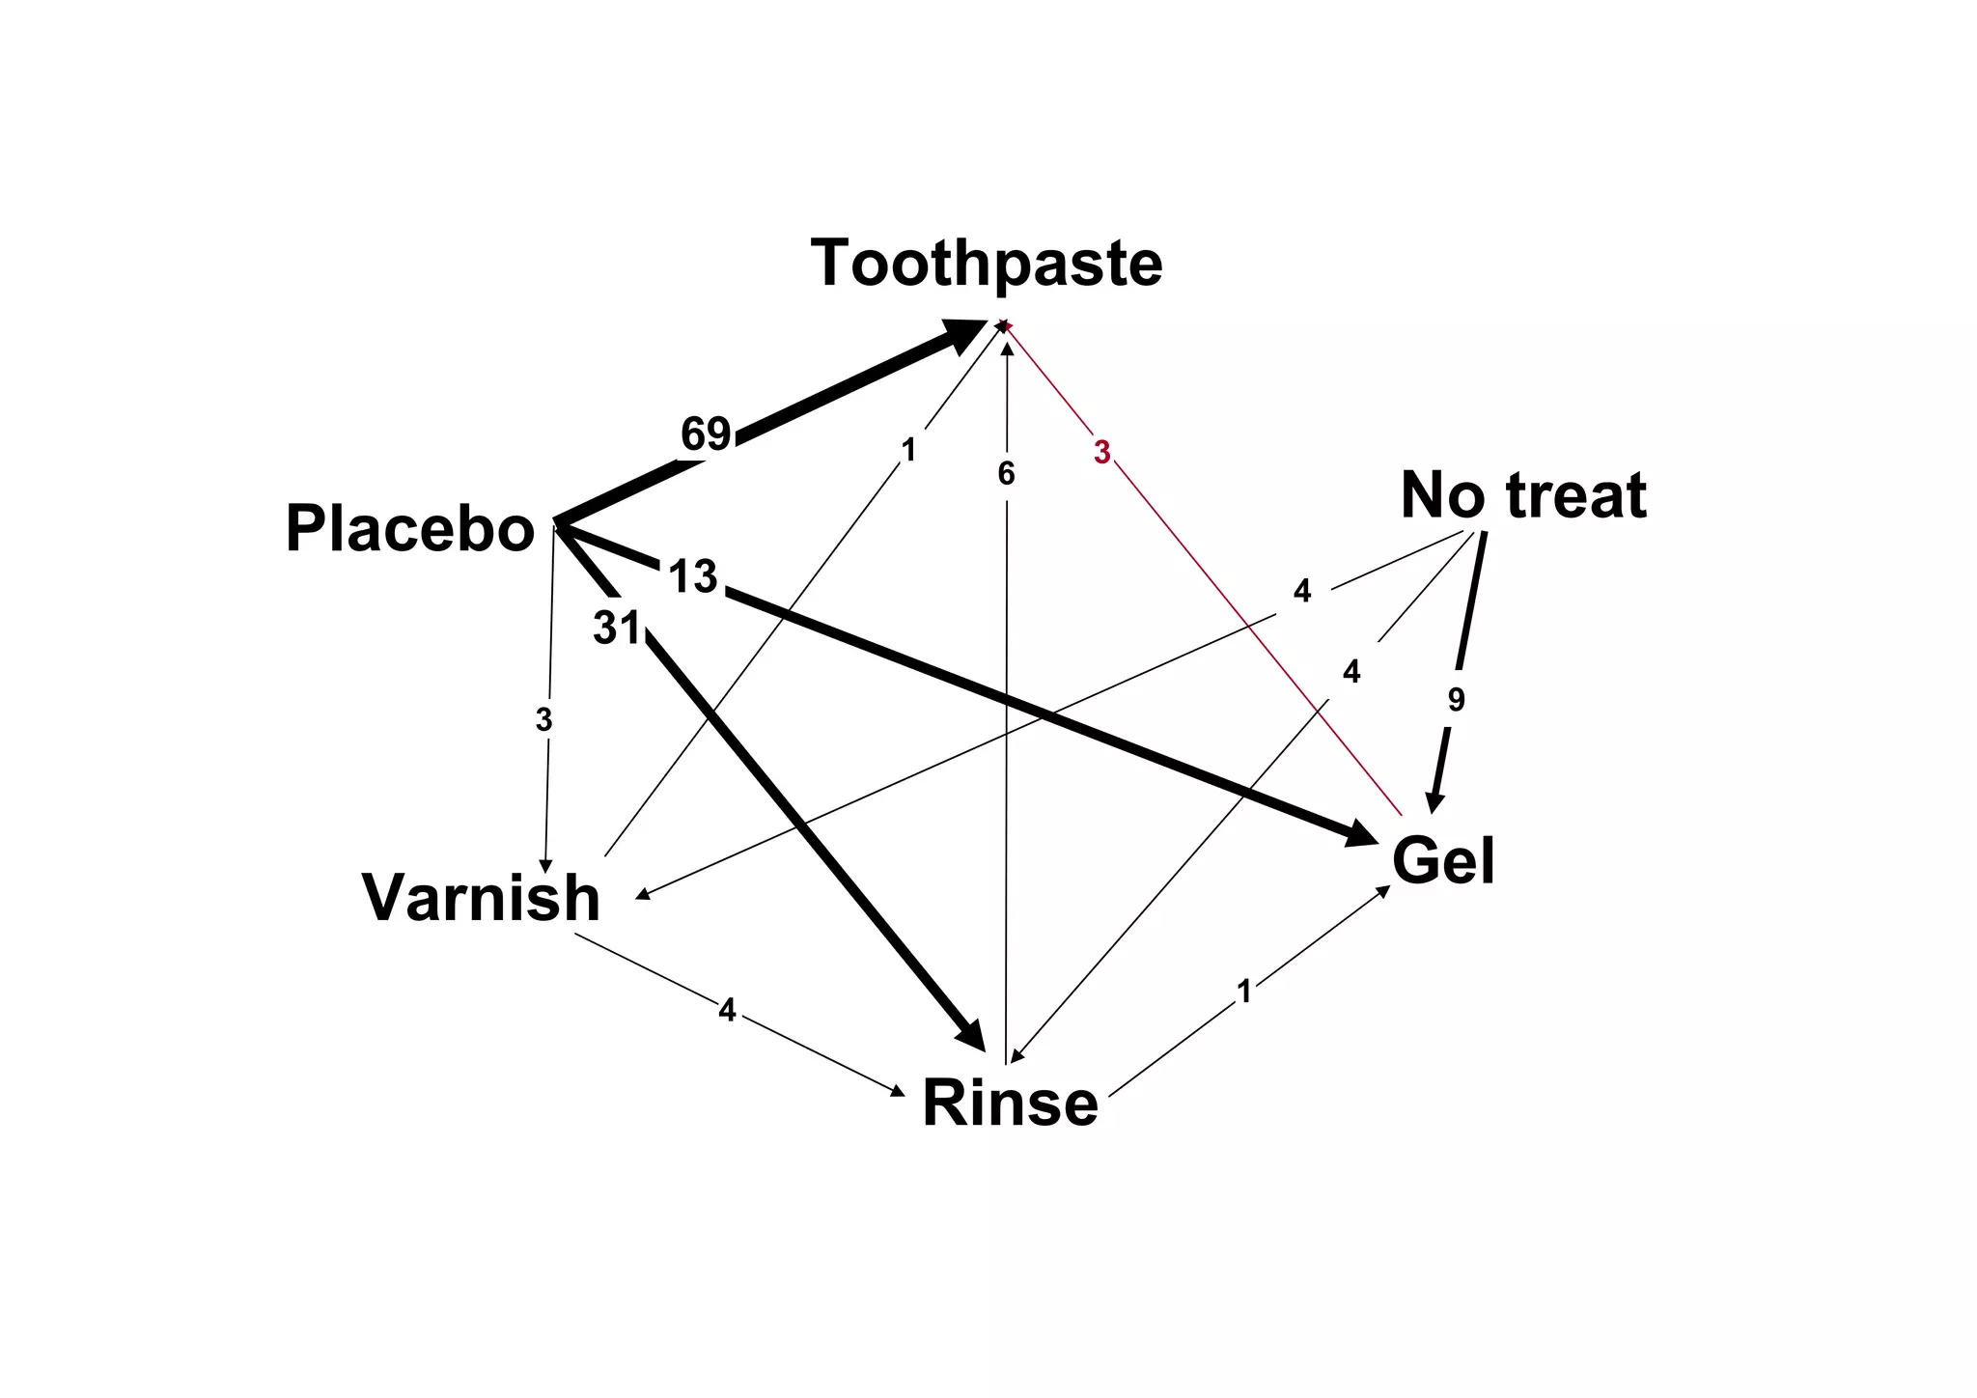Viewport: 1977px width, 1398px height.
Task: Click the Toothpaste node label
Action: tap(987, 264)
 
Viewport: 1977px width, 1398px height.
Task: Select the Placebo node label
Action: tap(410, 530)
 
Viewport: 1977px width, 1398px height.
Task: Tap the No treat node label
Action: tap(1523, 495)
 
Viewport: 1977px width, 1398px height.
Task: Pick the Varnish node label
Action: tap(481, 898)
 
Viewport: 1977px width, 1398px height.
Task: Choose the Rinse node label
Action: tap(1010, 1103)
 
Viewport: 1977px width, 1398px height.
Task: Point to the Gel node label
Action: tap(1443, 861)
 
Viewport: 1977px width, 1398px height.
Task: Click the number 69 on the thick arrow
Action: tap(706, 434)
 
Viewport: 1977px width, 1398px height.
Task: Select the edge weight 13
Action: tap(693, 577)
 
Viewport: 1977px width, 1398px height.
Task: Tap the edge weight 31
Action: tap(617, 629)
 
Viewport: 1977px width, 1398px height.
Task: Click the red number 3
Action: tap(1102, 452)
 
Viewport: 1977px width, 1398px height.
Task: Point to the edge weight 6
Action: tap(1006, 474)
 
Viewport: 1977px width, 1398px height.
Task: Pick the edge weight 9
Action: tap(1457, 699)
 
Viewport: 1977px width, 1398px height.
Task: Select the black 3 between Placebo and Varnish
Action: tap(544, 719)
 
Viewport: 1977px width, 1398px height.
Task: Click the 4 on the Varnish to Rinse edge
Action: tap(727, 1011)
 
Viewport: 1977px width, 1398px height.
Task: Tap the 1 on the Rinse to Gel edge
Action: tap(1244, 992)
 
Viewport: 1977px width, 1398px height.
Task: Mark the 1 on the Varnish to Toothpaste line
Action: tap(907, 450)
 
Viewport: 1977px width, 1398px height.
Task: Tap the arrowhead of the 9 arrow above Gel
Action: tap(1434, 801)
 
